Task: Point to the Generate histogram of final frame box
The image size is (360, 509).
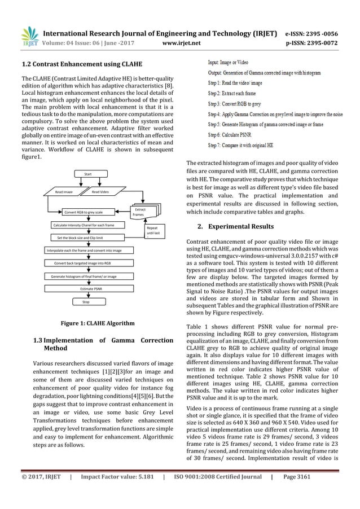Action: [x=84, y=276]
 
